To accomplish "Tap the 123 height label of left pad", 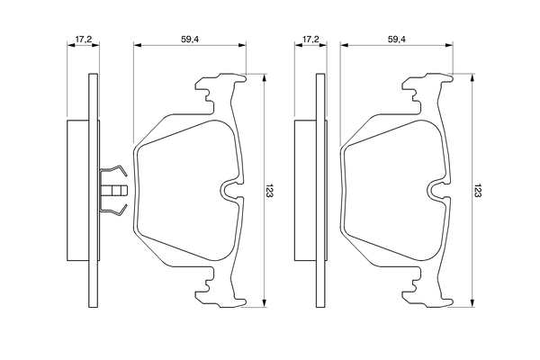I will click(269, 192).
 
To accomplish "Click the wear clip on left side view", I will click(113, 191).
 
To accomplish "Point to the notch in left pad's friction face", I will click(230, 189).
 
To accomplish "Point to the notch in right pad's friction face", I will click(438, 189).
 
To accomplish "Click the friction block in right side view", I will click(305, 191).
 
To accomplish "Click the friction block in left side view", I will click(77, 191).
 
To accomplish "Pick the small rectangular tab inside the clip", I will click(115, 191).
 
